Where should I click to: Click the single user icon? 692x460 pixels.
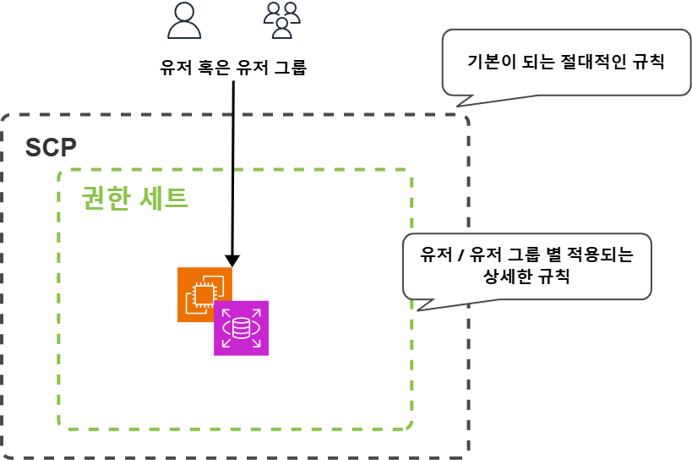click(184, 20)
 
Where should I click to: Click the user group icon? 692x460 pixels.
click(281, 19)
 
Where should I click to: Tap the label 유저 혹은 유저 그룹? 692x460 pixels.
click(232, 68)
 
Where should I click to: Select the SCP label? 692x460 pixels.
click(51, 148)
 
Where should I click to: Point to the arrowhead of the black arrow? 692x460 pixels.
click(232, 260)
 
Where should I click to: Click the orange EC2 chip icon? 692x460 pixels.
click(204, 293)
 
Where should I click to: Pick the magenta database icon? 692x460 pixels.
click(241, 327)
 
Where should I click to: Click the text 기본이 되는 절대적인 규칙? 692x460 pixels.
click(566, 62)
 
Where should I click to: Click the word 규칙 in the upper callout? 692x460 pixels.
click(647, 62)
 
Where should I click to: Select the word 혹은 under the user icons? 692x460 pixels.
click(220, 68)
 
